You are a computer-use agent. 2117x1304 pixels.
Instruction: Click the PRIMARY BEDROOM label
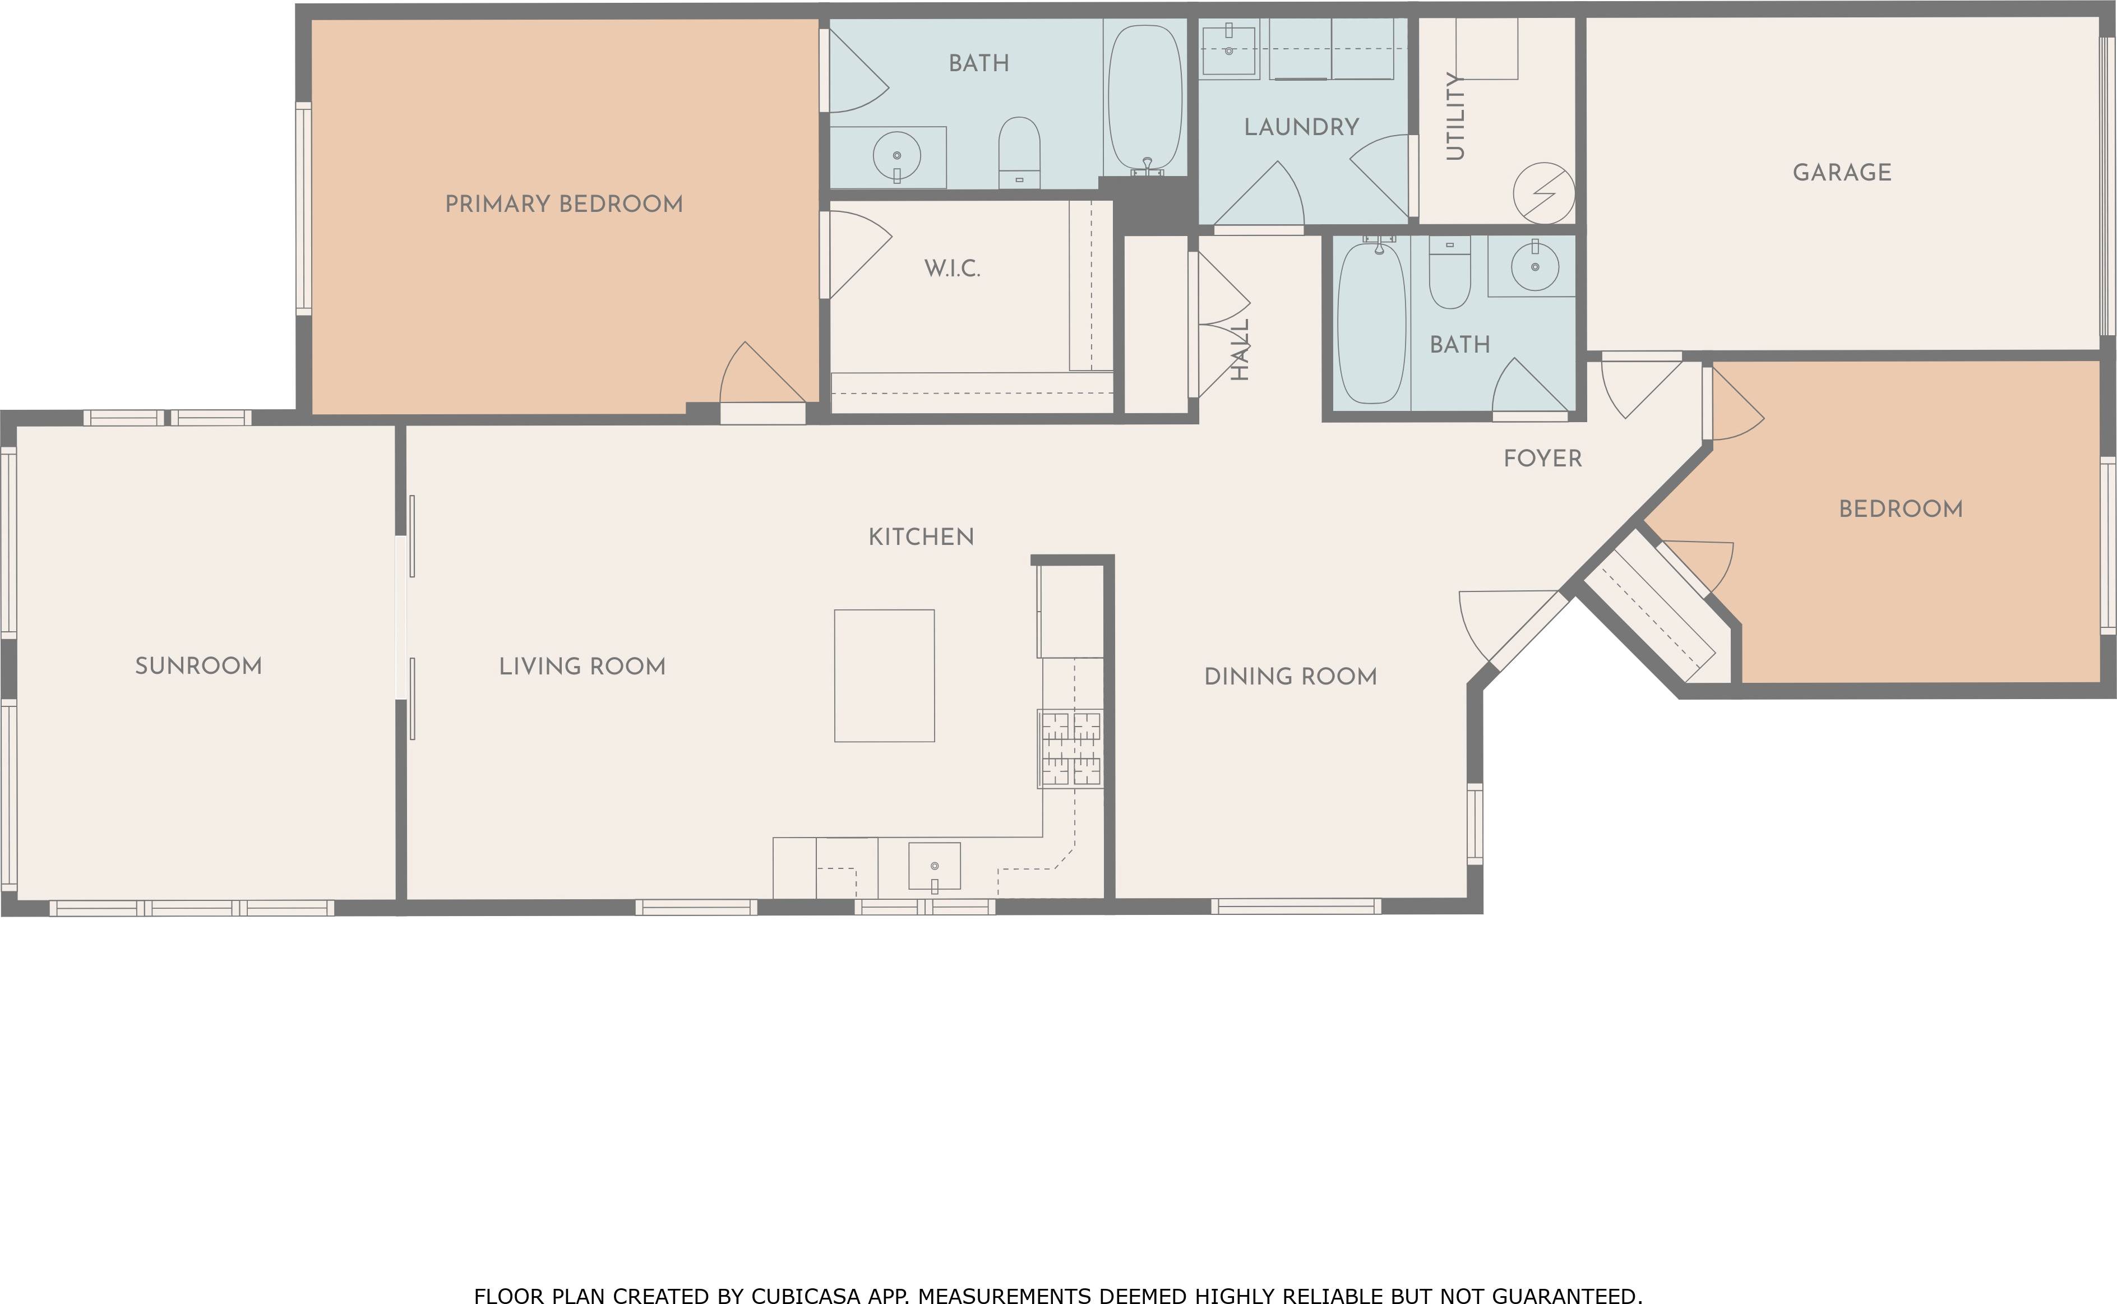click(x=564, y=205)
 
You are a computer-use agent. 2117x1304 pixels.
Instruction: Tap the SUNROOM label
click(x=198, y=666)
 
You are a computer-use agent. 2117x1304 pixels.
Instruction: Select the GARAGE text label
click(x=1842, y=173)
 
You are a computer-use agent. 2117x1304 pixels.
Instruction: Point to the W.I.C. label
click(x=952, y=269)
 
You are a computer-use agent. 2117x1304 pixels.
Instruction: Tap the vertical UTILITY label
click(x=1455, y=117)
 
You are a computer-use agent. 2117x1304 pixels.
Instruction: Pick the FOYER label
click(x=1543, y=459)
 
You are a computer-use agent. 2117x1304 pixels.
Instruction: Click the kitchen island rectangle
click(x=884, y=676)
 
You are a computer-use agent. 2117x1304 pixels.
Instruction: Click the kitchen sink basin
click(x=935, y=866)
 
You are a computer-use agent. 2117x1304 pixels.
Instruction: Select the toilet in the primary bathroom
click(x=1019, y=152)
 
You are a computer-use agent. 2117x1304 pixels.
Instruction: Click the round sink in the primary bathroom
click(x=897, y=156)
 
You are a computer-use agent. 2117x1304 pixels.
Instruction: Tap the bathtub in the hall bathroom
click(x=1372, y=324)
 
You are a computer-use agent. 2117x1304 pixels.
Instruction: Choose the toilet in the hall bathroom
click(x=1450, y=272)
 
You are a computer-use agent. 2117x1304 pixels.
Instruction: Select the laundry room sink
click(x=1229, y=48)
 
